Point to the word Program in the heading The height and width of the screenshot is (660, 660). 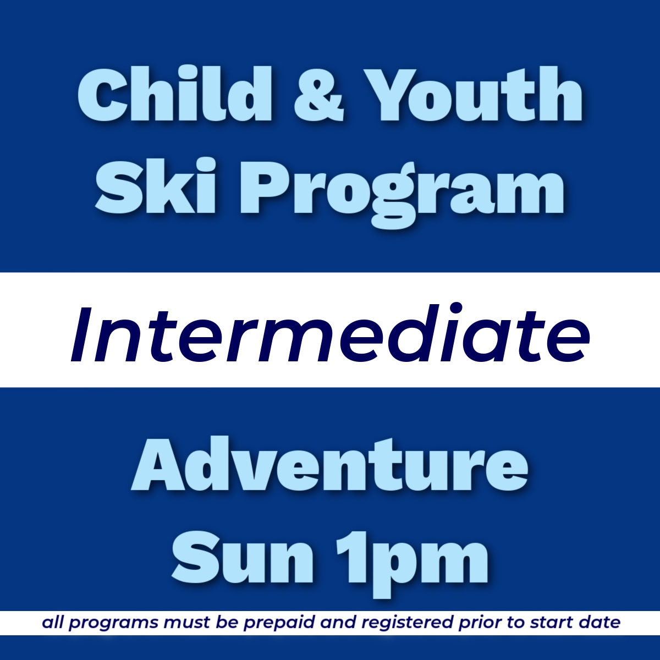coord(402,190)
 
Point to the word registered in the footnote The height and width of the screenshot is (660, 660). coord(408,624)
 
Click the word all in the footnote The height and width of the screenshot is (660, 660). coord(53,623)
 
